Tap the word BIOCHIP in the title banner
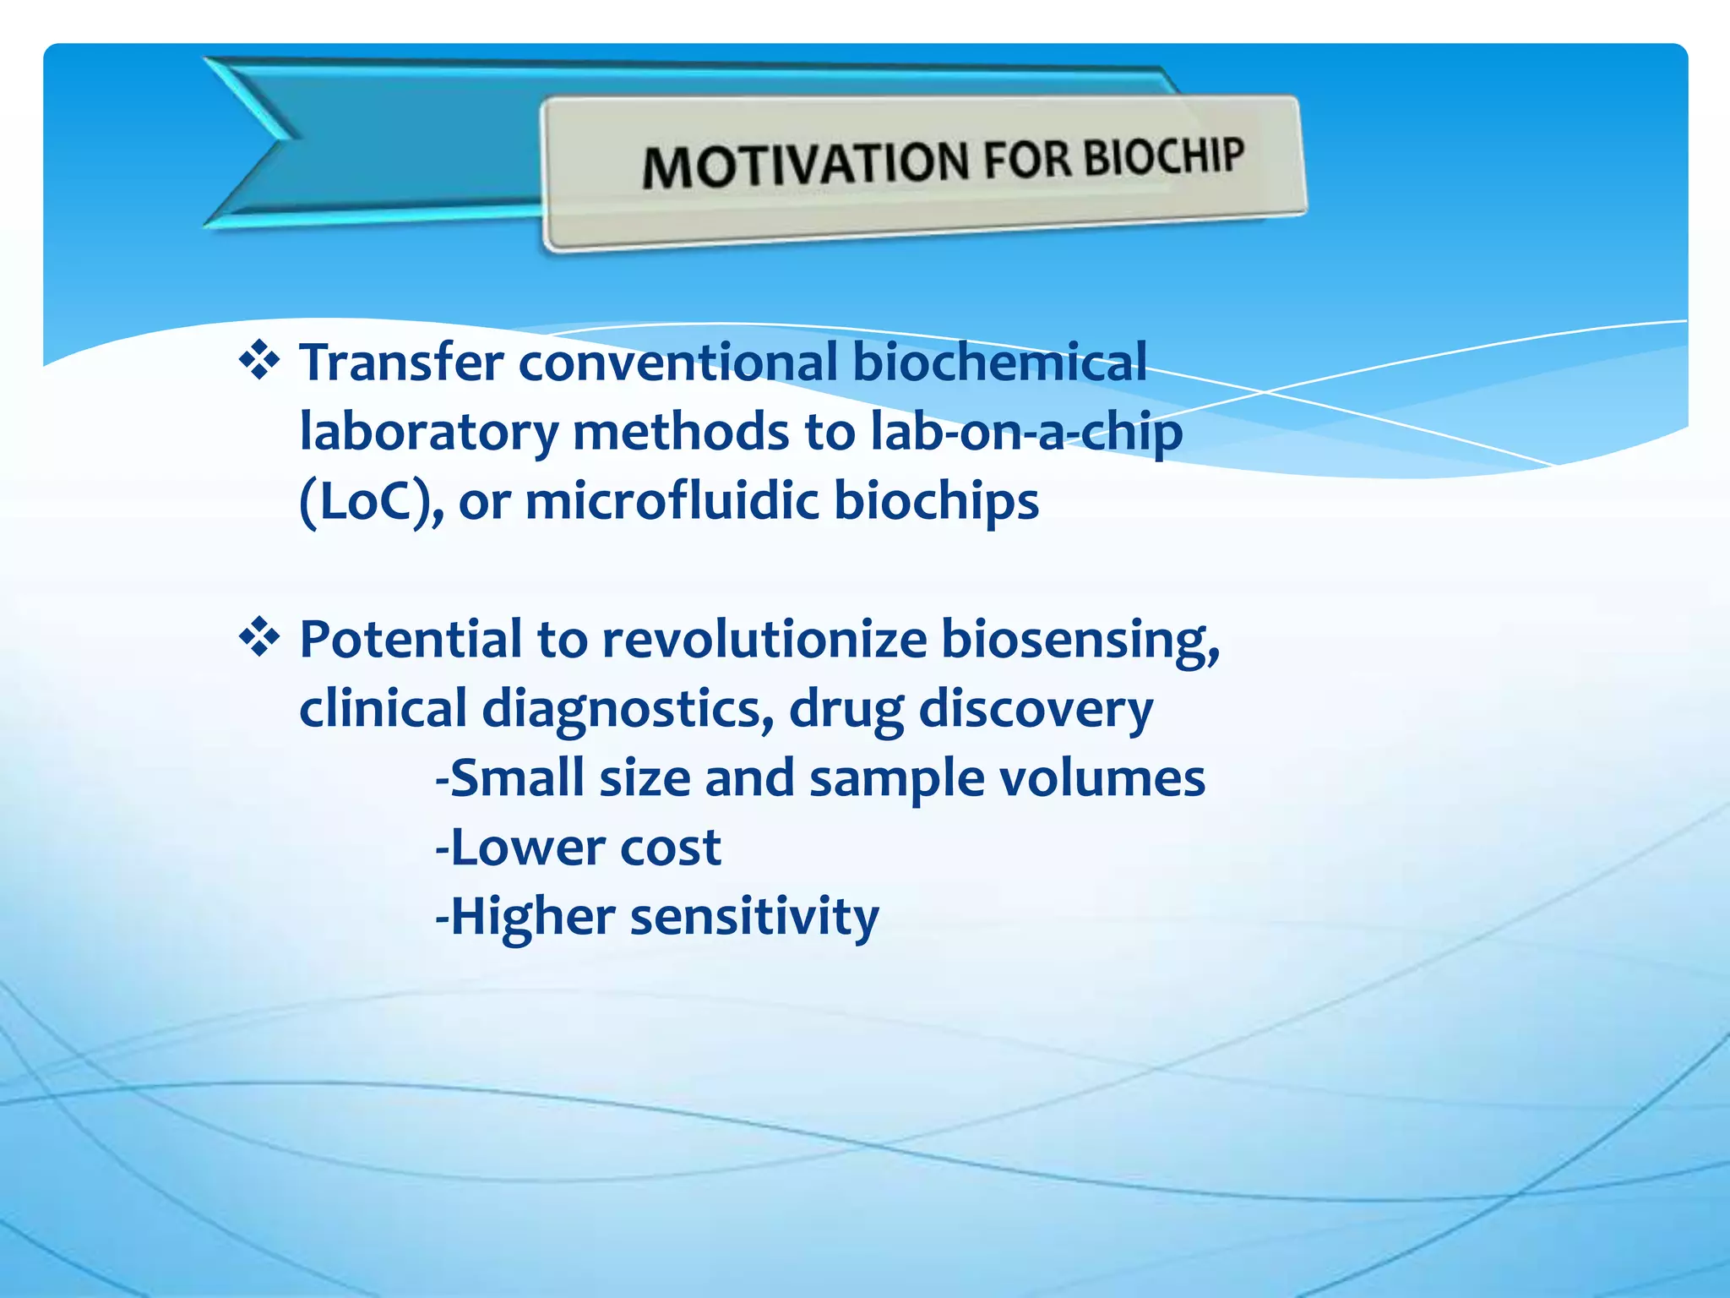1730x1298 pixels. (1164, 156)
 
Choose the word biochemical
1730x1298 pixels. (999, 363)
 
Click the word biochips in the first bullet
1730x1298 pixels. (936, 502)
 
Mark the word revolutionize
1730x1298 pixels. (764, 639)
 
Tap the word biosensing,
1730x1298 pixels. (1080, 641)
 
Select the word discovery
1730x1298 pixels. (1035, 710)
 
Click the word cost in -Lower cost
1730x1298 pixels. (670, 848)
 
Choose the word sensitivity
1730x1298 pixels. (754, 917)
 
